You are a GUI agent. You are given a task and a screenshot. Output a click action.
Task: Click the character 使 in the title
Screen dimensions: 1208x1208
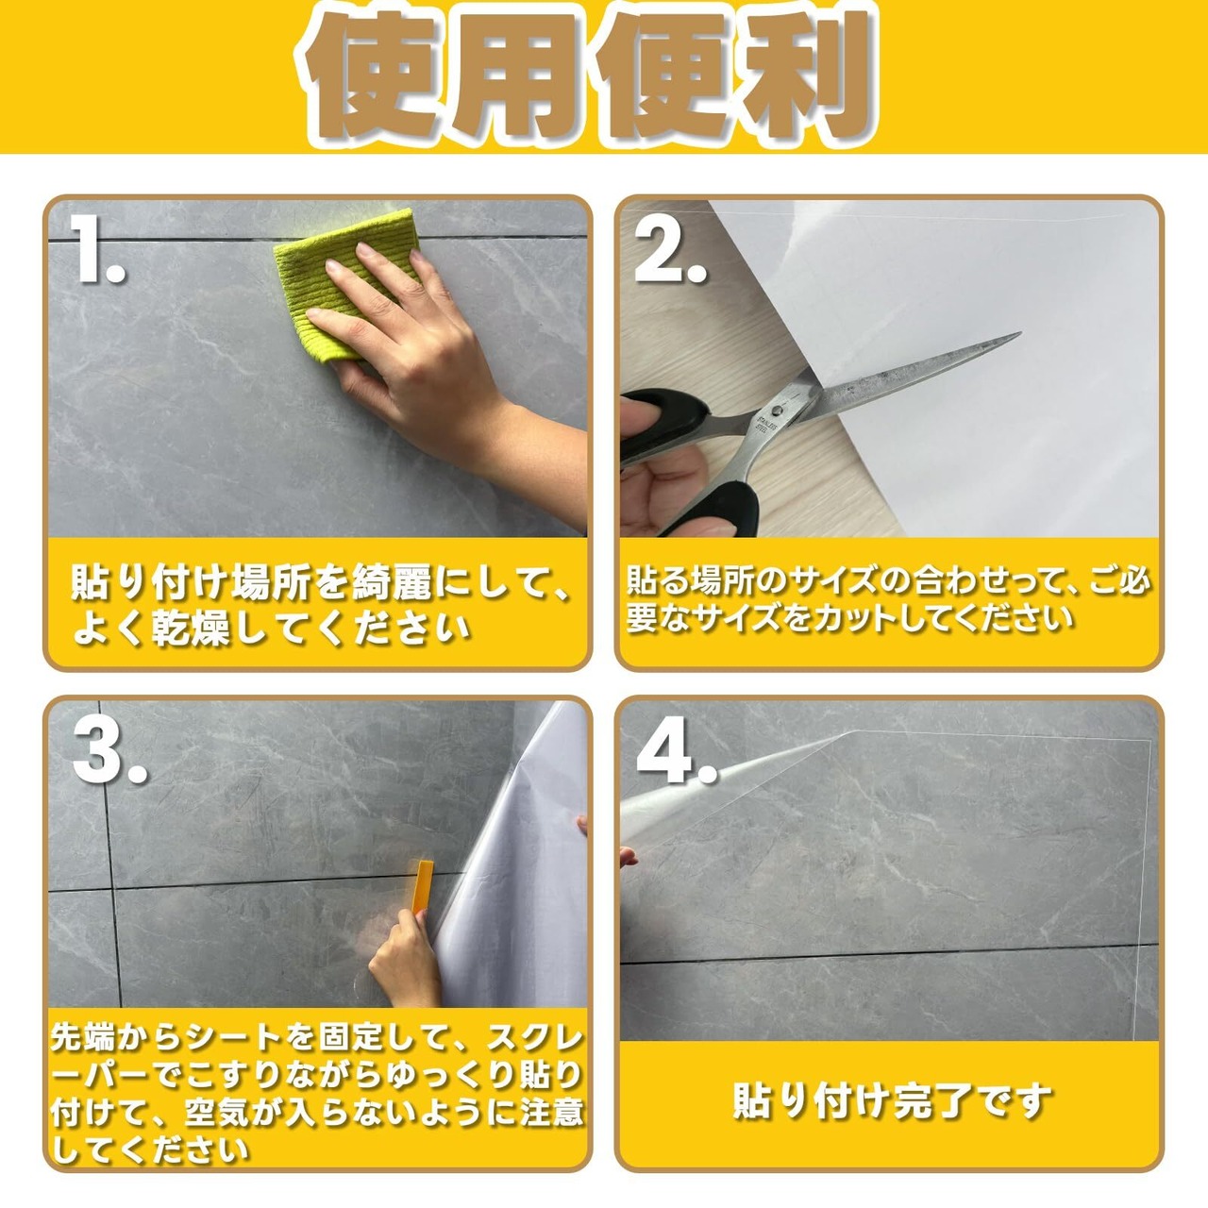click(377, 74)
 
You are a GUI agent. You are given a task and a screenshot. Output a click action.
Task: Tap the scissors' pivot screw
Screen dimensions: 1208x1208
click(778, 410)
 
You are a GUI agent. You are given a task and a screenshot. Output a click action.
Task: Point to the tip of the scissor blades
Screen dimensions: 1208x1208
click(1020, 333)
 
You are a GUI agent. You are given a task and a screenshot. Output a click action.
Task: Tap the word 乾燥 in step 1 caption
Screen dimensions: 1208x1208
click(192, 627)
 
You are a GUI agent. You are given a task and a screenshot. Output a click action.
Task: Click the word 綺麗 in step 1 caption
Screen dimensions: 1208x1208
click(393, 582)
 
